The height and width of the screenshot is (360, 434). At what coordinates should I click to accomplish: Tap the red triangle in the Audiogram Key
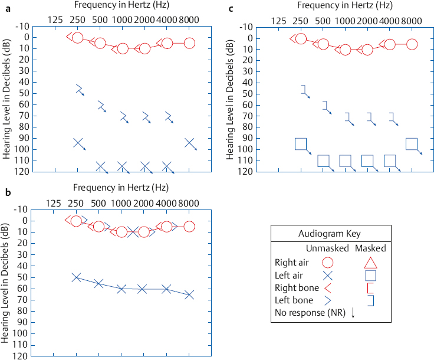tap(370, 261)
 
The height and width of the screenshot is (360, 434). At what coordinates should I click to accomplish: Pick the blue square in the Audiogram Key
tap(370, 275)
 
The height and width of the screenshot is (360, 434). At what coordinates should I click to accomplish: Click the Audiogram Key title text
tap(330, 233)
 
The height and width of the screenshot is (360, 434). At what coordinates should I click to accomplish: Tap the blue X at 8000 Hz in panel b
tap(189, 294)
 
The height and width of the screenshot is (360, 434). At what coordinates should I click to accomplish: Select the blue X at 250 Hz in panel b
tap(76, 277)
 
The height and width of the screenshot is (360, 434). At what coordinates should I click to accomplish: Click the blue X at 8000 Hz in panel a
tap(189, 143)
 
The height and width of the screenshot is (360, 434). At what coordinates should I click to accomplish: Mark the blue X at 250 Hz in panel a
tap(78, 143)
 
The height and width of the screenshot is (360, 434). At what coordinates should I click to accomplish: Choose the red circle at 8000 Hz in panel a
tap(189, 43)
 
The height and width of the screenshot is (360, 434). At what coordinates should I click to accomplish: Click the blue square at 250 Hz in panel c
tap(301, 144)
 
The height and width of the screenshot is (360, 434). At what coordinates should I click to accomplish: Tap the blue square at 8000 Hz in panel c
tap(412, 144)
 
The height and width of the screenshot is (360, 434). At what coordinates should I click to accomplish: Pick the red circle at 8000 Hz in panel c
tap(412, 44)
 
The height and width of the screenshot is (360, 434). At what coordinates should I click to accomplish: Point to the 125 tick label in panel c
tap(278, 21)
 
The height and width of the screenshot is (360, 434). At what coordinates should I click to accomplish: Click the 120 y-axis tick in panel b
tap(19, 356)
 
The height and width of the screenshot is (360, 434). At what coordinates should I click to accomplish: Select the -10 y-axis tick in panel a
tap(19, 26)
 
